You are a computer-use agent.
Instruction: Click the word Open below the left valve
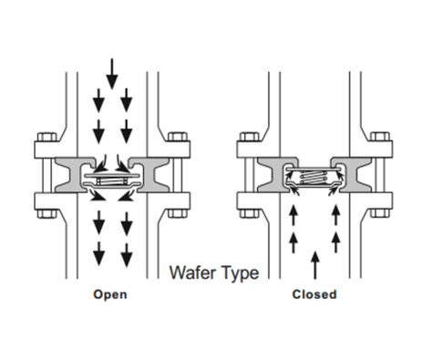110,294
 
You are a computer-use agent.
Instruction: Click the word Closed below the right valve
314,294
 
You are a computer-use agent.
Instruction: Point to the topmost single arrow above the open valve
111,70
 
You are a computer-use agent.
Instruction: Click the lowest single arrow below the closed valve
314,264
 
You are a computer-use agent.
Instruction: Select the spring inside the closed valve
314,178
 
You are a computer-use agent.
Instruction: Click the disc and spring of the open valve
111,181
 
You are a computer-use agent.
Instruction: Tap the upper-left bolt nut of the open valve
42,143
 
